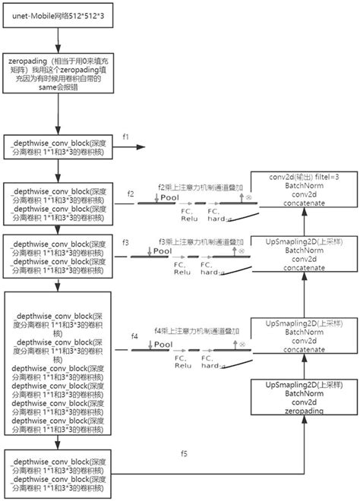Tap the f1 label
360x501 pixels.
coord(127,137)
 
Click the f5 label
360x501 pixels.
coord(184,454)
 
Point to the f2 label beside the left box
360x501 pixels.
coord(131,194)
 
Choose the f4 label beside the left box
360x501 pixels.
coord(134,335)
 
